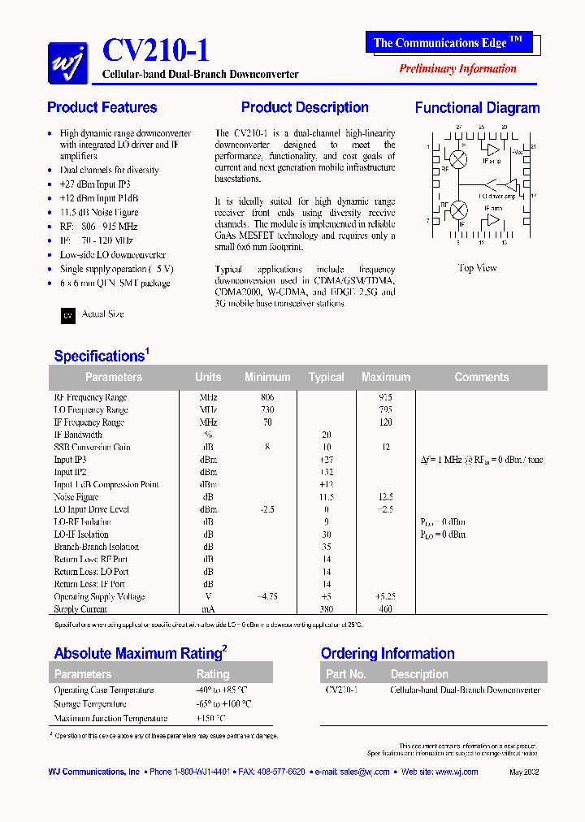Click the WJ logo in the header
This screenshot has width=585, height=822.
[x=68, y=62]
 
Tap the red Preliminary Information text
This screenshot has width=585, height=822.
[x=457, y=68]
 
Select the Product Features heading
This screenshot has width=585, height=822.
[x=102, y=107]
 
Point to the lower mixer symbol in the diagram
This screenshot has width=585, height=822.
[x=459, y=210]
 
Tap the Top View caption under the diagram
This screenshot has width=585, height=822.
[x=477, y=268]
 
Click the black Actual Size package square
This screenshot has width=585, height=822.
[x=68, y=316]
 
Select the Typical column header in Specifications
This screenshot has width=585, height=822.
[x=326, y=377]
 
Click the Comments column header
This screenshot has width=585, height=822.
[x=481, y=377]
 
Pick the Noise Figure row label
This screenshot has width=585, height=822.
[x=76, y=497]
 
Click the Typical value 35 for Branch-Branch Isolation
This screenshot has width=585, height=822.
[x=326, y=547]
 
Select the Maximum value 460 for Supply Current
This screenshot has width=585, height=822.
[x=385, y=609]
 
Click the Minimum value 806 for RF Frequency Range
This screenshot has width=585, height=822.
[x=266, y=397]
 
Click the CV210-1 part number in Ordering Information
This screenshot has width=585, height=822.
[x=341, y=690]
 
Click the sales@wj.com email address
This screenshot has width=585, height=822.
[x=364, y=772]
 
